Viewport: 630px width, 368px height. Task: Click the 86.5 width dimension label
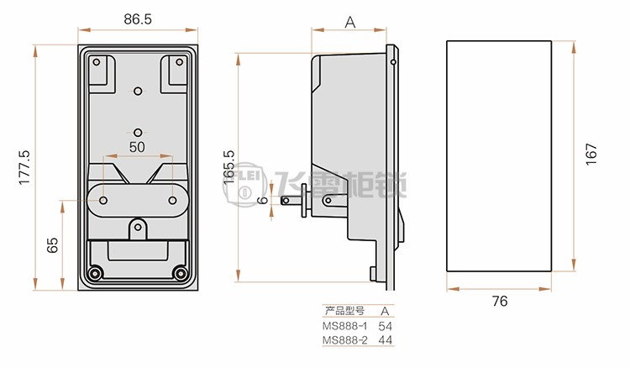[138, 18]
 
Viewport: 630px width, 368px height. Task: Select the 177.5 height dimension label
[24, 167]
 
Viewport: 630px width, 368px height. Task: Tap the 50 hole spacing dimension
[137, 147]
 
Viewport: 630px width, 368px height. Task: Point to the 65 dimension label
[52, 245]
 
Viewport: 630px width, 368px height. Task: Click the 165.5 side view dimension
[228, 167]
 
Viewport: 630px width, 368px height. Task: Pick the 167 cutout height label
[591, 154]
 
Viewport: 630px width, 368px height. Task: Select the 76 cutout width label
[500, 301]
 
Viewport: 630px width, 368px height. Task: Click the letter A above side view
[350, 23]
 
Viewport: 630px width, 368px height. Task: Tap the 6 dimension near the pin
[263, 200]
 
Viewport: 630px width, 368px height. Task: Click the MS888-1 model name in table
[344, 325]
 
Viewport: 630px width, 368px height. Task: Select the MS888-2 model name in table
[344, 340]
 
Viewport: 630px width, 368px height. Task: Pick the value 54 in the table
[385, 326]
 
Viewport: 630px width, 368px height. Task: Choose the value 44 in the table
[385, 340]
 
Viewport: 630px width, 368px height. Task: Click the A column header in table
[385, 311]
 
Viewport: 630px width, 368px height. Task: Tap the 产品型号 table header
[344, 311]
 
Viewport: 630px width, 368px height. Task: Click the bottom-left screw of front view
[95, 273]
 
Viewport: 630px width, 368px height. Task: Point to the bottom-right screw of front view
[180, 273]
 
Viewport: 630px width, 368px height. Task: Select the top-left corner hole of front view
[97, 62]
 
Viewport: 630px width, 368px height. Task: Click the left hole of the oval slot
[103, 200]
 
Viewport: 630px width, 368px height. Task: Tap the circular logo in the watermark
[244, 185]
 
